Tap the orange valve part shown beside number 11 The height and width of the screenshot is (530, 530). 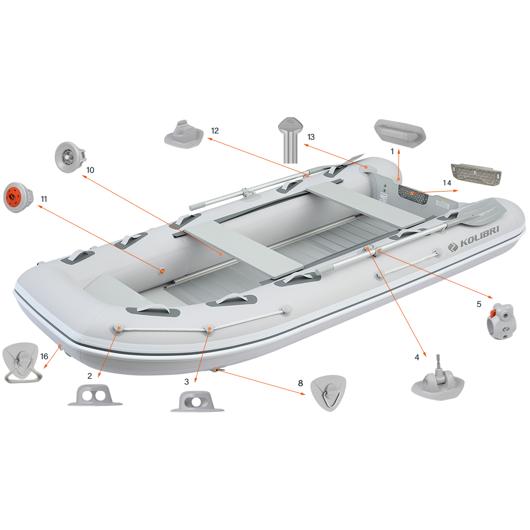coord(18,198)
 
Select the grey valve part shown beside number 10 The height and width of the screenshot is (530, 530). coord(70,157)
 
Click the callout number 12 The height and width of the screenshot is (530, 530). coord(215,131)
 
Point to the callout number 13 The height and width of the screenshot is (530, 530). coord(311,137)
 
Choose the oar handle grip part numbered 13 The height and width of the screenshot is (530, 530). coord(290,140)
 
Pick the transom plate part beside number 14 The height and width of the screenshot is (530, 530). coord(476,174)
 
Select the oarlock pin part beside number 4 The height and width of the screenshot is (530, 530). coord(438,381)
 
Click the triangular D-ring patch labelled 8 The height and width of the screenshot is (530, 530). coord(328,393)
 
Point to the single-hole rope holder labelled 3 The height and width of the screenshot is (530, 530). coord(197,402)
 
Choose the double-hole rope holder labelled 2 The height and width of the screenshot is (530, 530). coord(95,395)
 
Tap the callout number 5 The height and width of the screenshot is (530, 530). coord(479,304)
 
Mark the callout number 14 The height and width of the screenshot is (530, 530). coord(447,183)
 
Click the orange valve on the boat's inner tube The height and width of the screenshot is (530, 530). coord(162,271)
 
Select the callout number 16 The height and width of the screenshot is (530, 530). coord(45,356)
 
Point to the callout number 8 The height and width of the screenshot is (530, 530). coord(301,383)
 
